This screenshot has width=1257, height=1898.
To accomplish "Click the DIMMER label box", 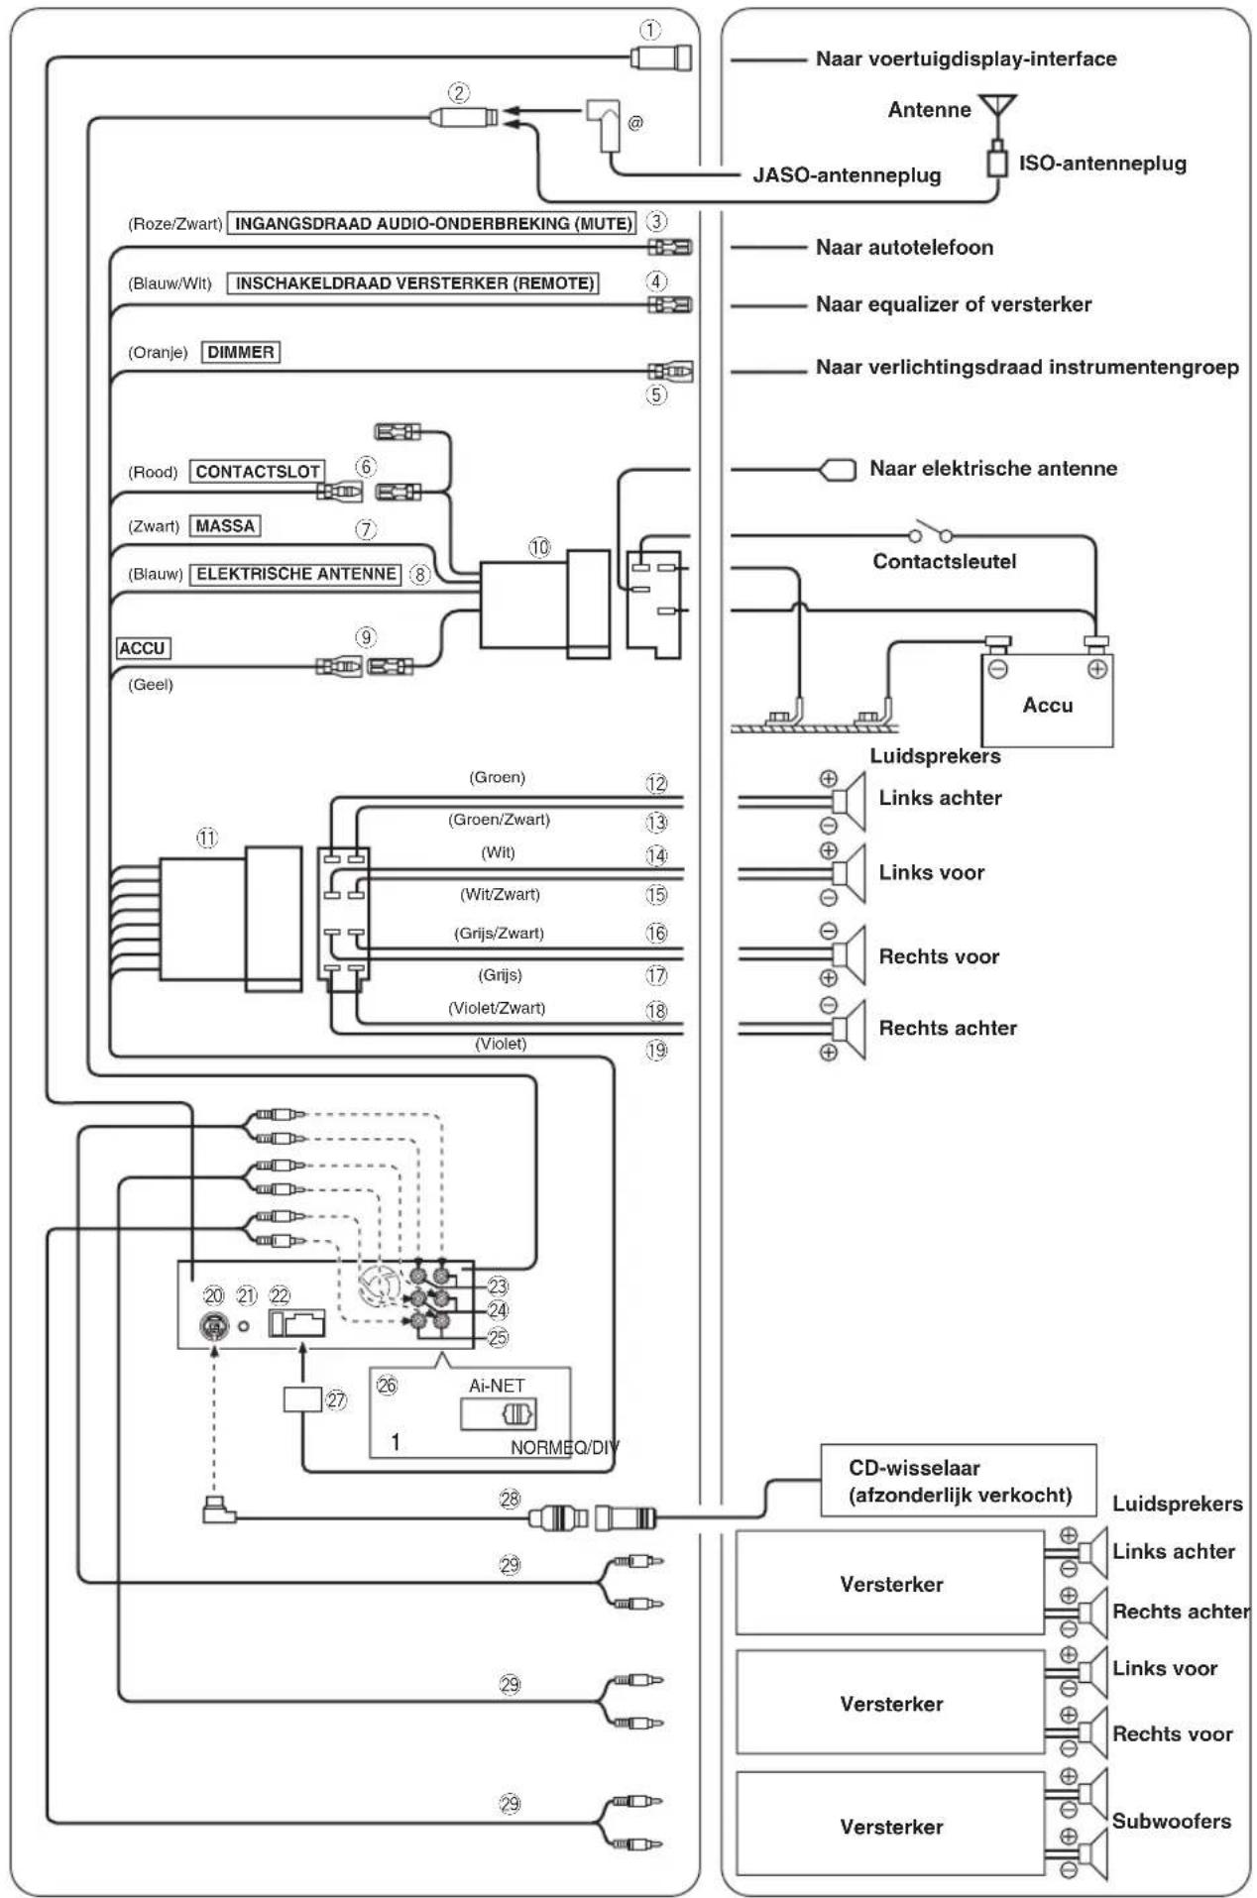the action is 241,352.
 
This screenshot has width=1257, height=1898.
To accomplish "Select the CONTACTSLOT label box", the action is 258,472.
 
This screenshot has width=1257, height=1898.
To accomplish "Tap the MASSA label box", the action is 225,525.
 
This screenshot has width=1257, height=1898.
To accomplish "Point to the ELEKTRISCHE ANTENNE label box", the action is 295,574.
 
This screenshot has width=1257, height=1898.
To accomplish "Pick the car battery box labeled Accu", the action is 1047,700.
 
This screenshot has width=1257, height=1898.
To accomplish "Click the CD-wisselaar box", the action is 959,1481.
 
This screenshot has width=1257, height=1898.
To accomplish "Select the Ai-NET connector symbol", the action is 518,1413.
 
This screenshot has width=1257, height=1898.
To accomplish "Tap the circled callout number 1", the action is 649,31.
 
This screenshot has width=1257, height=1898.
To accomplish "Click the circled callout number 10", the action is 539,547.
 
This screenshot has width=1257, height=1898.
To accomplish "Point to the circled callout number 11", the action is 206,837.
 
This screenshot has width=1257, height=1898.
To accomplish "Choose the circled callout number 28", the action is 510,1499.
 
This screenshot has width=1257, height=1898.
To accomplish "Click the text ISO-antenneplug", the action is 1102,164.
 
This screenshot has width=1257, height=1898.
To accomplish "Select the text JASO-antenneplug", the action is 847,175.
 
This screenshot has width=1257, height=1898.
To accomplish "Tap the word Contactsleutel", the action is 945,561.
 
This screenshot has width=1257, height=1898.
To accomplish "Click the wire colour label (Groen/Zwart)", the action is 499,820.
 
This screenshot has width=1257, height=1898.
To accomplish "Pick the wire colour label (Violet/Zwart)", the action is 497,1008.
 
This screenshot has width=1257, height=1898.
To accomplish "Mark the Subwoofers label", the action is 1171,1821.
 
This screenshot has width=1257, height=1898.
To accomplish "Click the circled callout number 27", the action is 336,1399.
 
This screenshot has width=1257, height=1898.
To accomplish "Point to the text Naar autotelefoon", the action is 904,248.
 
